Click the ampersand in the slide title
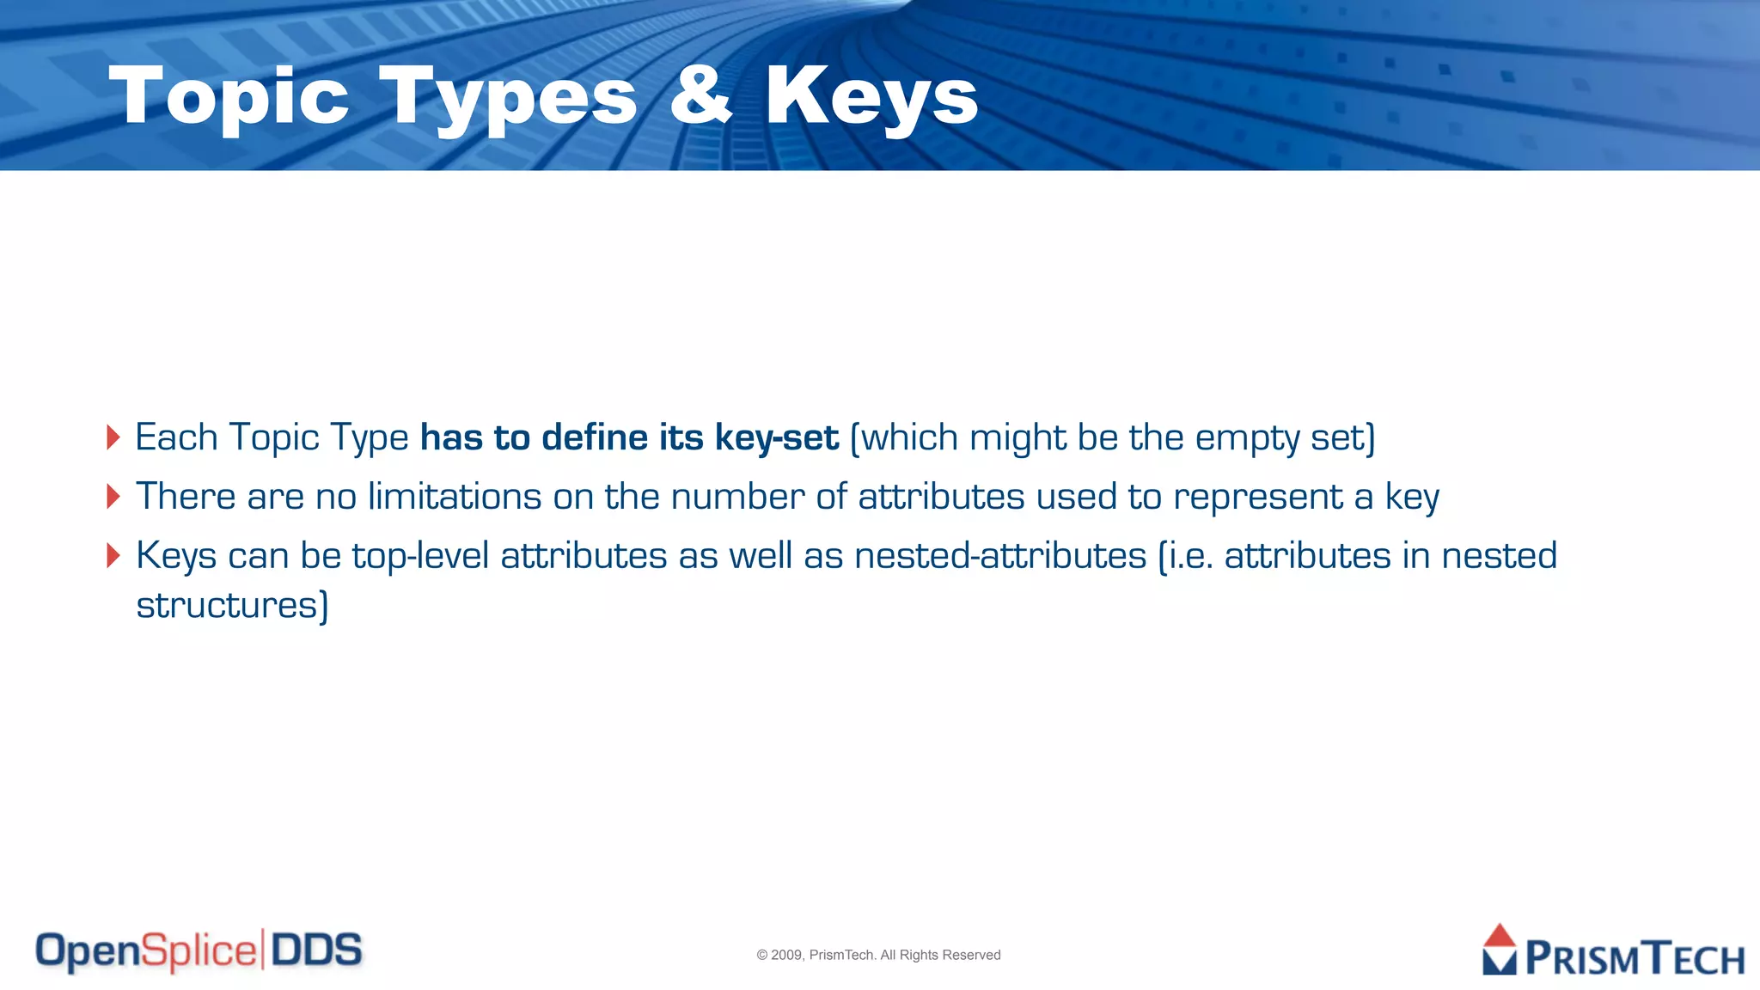(700, 96)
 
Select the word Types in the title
(508, 98)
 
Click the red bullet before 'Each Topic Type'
(113, 437)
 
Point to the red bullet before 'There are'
(113, 496)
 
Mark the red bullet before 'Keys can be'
(113, 555)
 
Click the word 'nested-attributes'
(1000, 556)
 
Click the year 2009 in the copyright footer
(786, 955)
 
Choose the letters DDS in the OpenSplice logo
(316, 950)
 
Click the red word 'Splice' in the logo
(199, 951)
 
